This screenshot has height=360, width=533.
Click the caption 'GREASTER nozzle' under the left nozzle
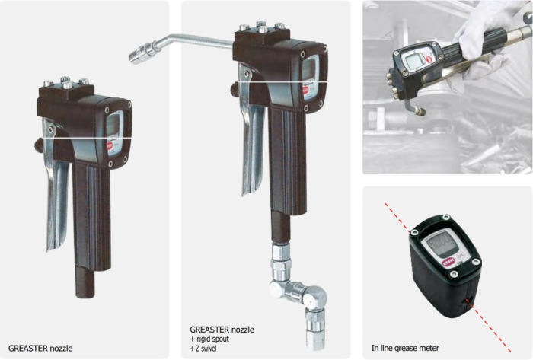tap(40, 348)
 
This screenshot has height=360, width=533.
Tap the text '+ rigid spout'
tap(209, 339)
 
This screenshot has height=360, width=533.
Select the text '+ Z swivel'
tap(203, 348)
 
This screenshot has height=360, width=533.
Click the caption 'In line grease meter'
tap(405, 348)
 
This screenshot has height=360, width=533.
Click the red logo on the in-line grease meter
tap(448, 263)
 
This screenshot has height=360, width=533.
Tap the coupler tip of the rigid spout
tap(139, 55)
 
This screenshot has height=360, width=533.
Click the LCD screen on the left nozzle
tap(113, 126)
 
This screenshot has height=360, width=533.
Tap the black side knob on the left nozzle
tap(37, 145)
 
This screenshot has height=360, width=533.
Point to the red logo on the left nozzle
tap(110, 146)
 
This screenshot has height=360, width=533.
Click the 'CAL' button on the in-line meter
tap(460, 256)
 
